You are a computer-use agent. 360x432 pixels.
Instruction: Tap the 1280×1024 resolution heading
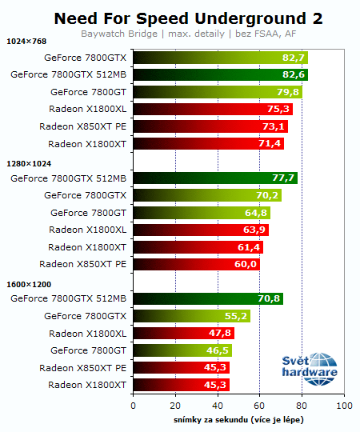27,163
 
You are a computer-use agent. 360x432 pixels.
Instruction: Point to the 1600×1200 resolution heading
27,284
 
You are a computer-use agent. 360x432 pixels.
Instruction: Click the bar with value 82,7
220,58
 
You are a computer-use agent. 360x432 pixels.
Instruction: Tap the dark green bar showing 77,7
214,178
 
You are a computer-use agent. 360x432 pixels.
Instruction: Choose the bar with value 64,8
201,213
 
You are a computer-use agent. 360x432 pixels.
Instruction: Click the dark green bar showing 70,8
207,298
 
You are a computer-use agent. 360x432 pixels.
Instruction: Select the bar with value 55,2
190,316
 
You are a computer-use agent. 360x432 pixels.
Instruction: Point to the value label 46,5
218,350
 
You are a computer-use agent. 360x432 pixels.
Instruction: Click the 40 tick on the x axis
217,406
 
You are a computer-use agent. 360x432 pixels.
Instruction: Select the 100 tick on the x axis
344,406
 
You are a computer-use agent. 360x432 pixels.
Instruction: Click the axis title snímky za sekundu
238,420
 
